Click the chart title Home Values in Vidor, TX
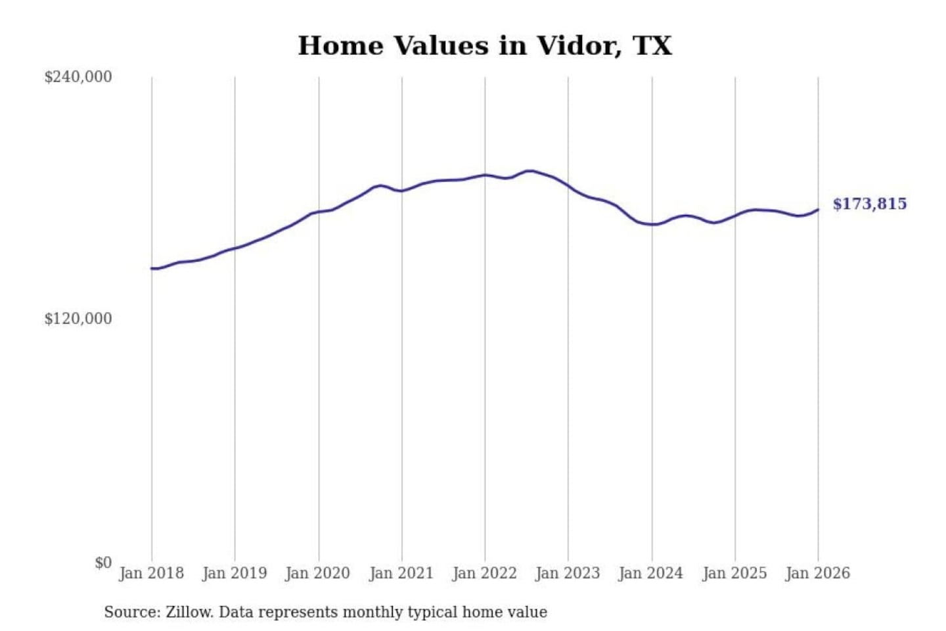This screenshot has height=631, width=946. (x=485, y=46)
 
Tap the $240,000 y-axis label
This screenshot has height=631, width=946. (x=78, y=77)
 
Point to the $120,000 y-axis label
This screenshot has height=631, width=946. (x=78, y=319)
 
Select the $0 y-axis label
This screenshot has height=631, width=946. (x=102, y=563)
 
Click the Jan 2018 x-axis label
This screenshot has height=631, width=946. (x=151, y=573)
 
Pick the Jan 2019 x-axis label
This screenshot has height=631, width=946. (x=235, y=573)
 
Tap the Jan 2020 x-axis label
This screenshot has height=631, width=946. (x=318, y=573)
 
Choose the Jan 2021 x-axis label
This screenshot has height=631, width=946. (x=401, y=573)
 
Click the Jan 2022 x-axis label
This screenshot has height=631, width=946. (x=485, y=573)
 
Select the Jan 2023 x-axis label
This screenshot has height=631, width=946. (x=568, y=573)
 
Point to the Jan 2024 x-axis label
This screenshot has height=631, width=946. (x=651, y=573)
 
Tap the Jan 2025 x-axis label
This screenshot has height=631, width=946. (x=734, y=573)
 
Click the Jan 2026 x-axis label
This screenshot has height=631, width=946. (x=818, y=573)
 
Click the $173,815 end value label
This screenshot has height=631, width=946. (x=870, y=204)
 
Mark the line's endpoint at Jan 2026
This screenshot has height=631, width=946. (x=818, y=210)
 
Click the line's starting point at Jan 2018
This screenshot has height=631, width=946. (x=152, y=268)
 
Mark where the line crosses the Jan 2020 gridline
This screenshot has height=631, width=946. (x=319, y=212)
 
